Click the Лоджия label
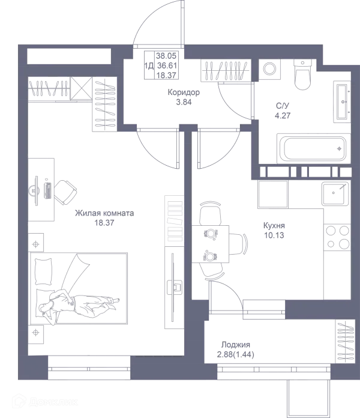click(x=235, y=348)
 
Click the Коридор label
click(x=184, y=97)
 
